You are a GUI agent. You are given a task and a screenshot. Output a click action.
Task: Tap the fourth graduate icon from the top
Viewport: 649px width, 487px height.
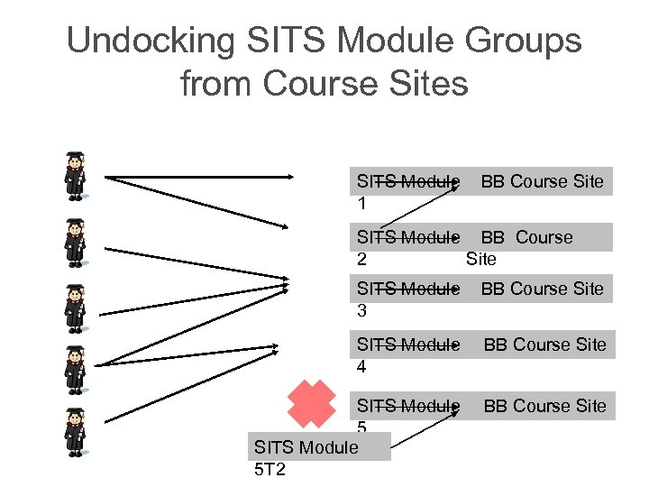click(x=75, y=368)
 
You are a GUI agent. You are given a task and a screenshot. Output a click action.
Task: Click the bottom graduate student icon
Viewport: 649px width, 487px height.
click(x=75, y=431)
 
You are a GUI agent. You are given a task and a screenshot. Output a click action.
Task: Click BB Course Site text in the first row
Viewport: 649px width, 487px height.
click(x=542, y=181)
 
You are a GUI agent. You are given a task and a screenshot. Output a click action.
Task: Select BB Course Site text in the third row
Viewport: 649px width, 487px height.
click(x=542, y=289)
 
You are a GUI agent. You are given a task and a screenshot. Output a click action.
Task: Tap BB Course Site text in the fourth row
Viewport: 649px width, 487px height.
click(x=544, y=345)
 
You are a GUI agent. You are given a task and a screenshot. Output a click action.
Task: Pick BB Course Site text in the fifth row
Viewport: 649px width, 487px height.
click(x=544, y=406)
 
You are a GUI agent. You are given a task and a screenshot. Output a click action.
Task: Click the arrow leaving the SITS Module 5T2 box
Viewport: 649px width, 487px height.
click(x=428, y=427)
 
